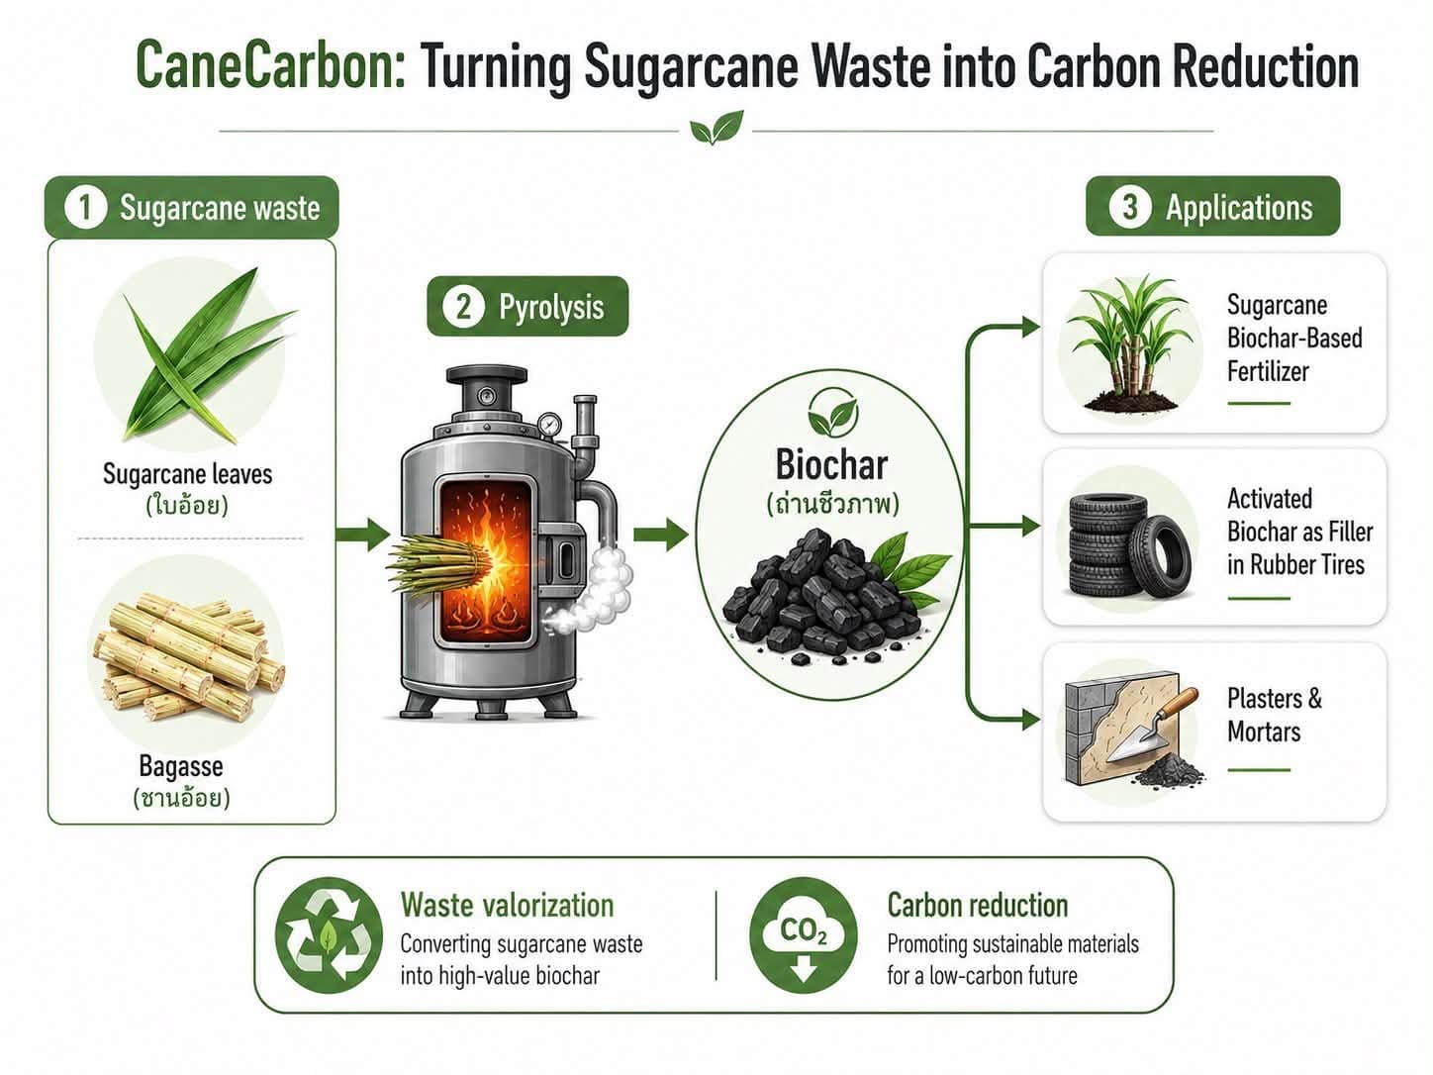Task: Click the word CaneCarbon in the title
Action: tap(270, 66)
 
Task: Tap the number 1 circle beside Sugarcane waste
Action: tap(85, 208)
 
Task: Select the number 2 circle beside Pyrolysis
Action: tap(463, 307)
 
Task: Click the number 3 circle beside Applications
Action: tap(1129, 207)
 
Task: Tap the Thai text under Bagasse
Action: tap(181, 798)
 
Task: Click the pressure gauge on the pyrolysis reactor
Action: tap(549, 425)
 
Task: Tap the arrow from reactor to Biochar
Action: tap(661, 535)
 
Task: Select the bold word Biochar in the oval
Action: tap(831, 464)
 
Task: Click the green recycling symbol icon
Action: tap(329, 935)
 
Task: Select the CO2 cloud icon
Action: tap(803, 935)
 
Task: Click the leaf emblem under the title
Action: tap(716, 128)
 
